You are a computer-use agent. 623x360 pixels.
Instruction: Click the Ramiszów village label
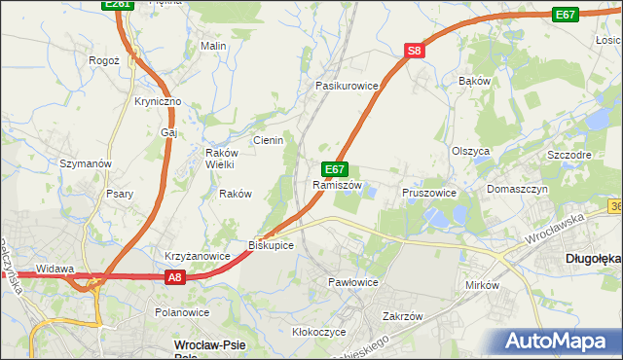[x=338, y=185]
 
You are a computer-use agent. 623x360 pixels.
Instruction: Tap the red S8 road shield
[x=415, y=51]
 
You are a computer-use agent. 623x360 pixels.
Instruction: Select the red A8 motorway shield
[x=173, y=277]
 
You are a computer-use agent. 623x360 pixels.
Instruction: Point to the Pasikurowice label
[x=346, y=86]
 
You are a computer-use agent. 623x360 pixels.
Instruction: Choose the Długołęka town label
[x=593, y=258]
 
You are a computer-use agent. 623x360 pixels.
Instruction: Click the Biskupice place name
[x=272, y=245]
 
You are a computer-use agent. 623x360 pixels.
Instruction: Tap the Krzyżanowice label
[x=197, y=256]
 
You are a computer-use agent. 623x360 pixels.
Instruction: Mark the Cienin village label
[x=268, y=140]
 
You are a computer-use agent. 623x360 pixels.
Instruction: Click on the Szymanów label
[x=87, y=163]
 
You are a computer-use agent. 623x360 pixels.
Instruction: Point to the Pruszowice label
[x=429, y=193]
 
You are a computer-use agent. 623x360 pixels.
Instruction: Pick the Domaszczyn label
[x=518, y=189]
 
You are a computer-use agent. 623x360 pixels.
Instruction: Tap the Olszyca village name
[x=470, y=151]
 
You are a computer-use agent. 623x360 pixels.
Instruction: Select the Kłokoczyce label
[x=319, y=332]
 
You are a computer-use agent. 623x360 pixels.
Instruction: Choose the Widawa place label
[x=55, y=269]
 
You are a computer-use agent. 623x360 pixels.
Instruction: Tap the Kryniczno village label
[x=158, y=101]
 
